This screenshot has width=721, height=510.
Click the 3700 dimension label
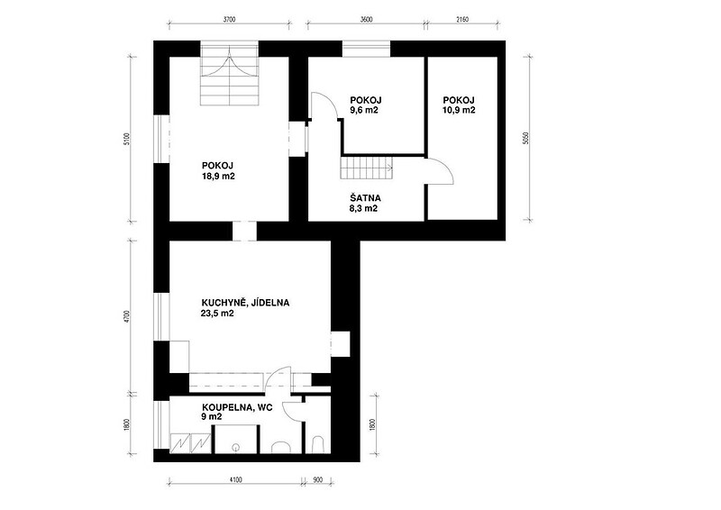click(229, 19)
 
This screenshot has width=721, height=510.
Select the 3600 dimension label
click(366, 19)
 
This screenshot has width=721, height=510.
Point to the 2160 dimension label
click(461, 19)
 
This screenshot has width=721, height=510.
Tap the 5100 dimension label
click(128, 139)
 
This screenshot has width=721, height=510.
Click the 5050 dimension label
click(527, 139)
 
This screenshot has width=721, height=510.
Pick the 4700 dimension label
click(128, 316)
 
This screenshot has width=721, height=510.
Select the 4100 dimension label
click(235, 480)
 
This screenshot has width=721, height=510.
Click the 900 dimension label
click(317, 480)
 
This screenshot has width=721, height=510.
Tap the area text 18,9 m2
click(218, 176)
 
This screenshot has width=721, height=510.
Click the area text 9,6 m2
click(364, 110)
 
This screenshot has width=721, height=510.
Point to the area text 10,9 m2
click(459, 110)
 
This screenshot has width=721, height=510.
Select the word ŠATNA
click(365, 198)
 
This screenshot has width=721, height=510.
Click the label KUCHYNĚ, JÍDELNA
click(245, 303)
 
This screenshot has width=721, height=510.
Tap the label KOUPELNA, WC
click(237, 407)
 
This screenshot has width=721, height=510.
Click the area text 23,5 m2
click(218, 314)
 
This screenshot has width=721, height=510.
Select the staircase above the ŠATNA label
click(367, 168)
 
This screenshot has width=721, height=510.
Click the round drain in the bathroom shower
click(236, 447)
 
